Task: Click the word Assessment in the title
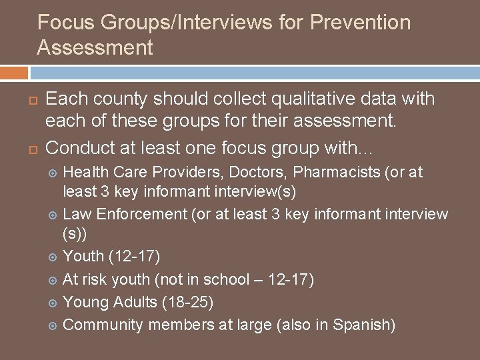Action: click(x=95, y=47)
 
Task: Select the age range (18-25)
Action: click(x=187, y=302)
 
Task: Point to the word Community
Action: click(x=103, y=325)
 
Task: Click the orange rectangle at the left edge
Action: click(x=13, y=72)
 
